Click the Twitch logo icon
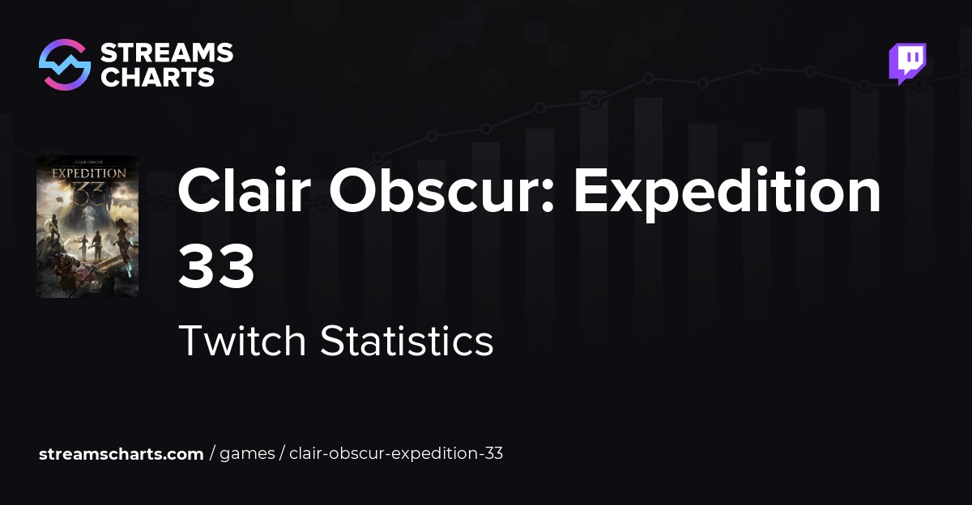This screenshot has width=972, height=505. tap(907, 63)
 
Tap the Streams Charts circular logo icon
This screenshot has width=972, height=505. tap(64, 65)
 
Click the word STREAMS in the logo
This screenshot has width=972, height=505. tap(166, 53)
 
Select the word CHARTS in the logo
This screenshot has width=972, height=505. tap(157, 77)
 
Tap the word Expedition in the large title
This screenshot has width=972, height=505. tap(727, 191)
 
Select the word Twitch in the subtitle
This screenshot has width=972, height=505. tap(242, 341)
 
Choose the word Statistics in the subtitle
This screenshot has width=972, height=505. tap(407, 341)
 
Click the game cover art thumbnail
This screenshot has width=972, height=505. tap(87, 227)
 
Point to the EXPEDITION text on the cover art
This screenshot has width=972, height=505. tap(88, 173)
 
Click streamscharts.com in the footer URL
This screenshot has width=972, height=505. tap(122, 454)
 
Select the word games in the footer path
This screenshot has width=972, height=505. tap(247, 454)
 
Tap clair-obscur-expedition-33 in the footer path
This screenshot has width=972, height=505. tap(396, 454)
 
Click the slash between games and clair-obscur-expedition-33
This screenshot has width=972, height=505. tap(282, 454)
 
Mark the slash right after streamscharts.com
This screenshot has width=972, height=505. tap(212, 454)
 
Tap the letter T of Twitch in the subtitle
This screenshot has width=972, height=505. tap(188, 341)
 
